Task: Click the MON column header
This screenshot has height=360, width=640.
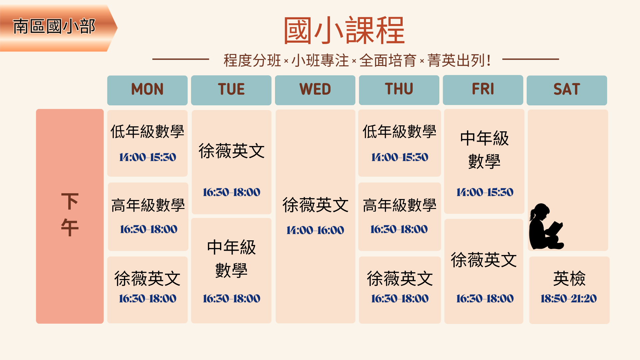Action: pos(147,89)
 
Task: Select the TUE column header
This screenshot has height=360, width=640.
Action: pos(231,89)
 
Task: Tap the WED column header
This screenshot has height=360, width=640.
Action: pos(315,89)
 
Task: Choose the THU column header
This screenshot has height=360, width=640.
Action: pos(399,89)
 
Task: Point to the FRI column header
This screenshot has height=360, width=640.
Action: pos(483,89)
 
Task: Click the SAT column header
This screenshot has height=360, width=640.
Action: pos(567,89)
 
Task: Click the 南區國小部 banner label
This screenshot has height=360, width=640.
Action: pos(54,27)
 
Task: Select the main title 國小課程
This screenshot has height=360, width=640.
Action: pos(344,31)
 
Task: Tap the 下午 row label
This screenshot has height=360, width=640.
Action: pos(70,214)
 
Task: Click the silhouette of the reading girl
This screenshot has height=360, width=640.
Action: pos(546,227)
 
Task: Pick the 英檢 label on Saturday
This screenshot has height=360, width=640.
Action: pos(569,279)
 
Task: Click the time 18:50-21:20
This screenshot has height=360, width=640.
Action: pos(569,298)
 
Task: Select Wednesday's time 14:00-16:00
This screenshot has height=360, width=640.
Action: pos(315,230)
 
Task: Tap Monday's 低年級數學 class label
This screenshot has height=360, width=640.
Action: pos(147,131)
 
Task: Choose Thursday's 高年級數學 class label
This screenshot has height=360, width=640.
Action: pos(399,205)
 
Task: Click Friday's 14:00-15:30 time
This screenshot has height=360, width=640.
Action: pos(485,192)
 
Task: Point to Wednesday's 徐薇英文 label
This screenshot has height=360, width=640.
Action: pos(315,205)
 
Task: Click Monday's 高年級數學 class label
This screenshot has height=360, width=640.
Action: pos(148,205)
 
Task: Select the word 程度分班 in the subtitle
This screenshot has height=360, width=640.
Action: pos(252,61)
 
